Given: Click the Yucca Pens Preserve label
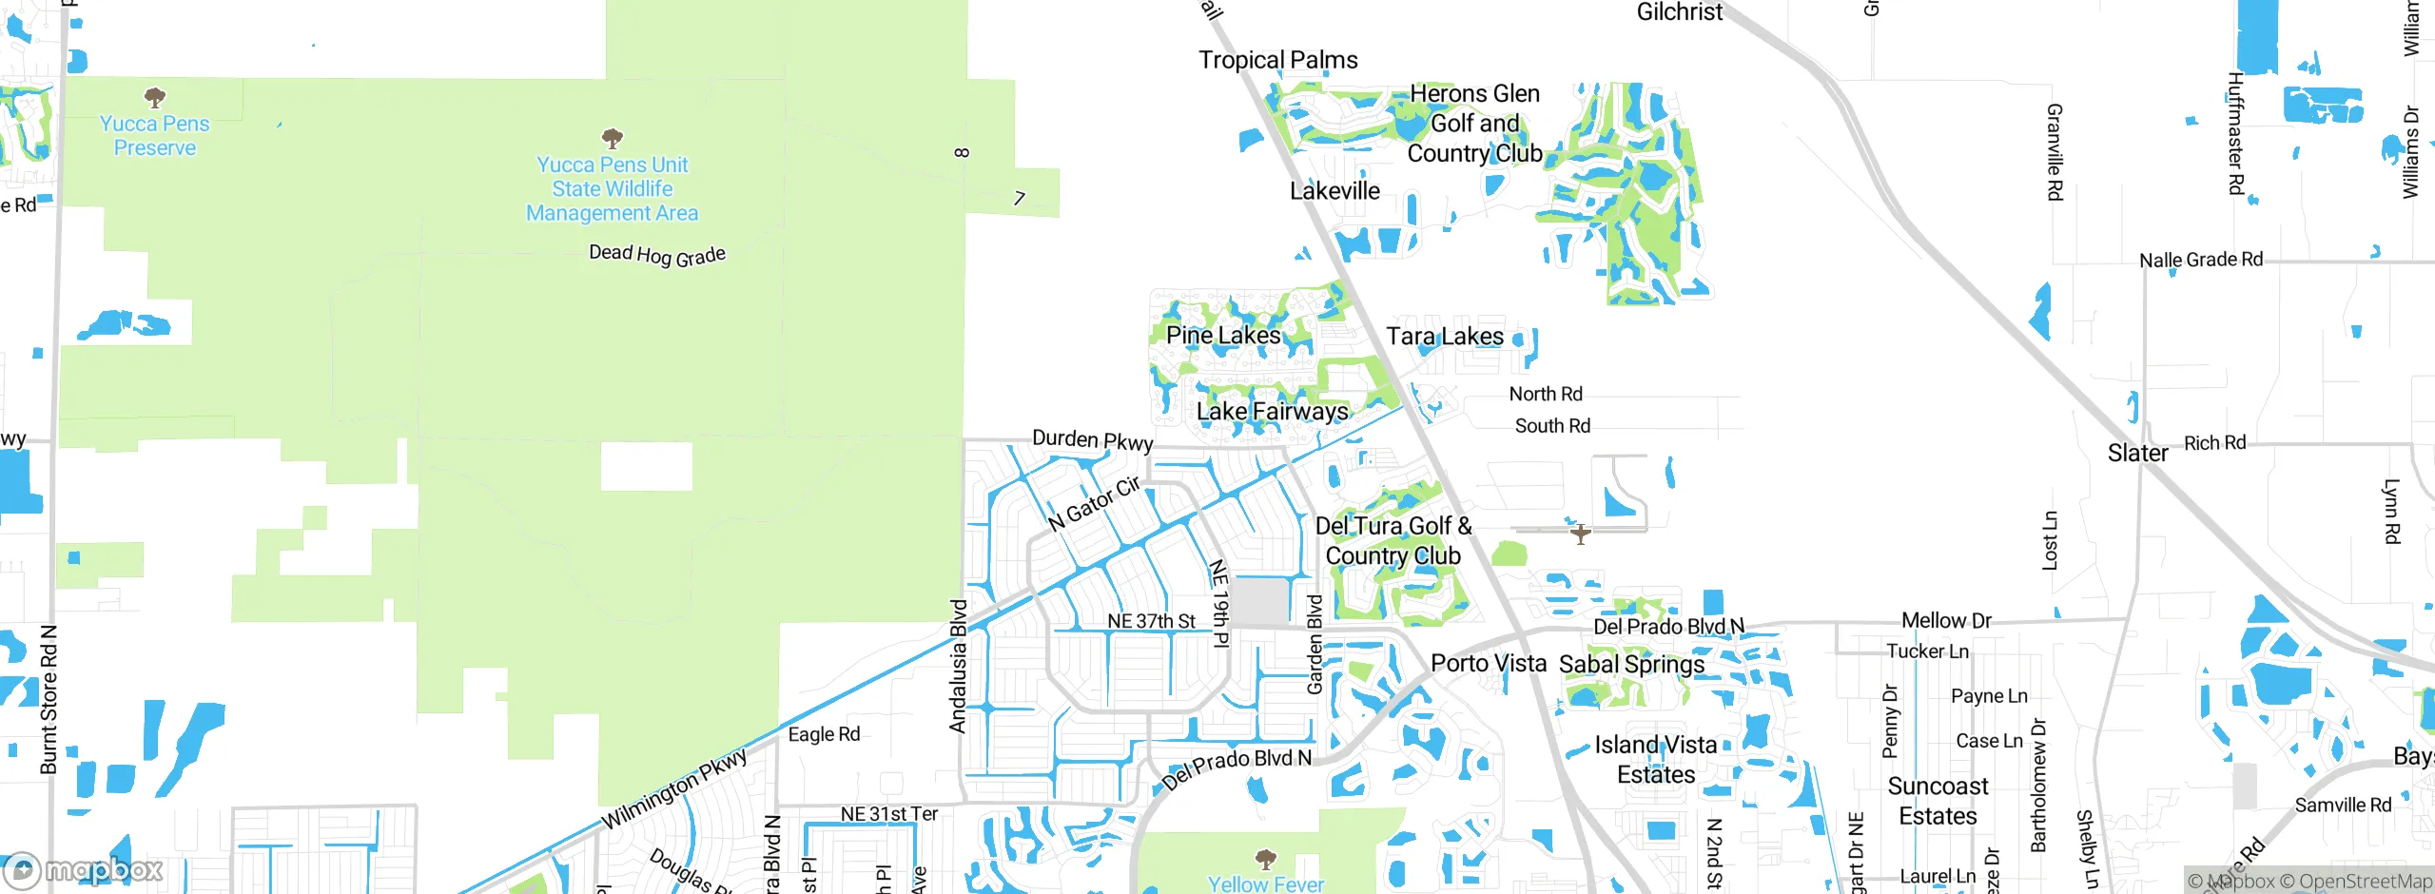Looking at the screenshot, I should point(154,136).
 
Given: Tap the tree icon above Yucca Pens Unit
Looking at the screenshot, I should point(613,139).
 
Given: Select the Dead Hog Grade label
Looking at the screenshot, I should point(657,255).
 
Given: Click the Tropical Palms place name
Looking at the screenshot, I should point(1277,60).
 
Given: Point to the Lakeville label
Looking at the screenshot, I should point(1334,191).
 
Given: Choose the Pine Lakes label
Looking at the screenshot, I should point(1223,335).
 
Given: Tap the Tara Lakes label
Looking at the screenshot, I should point(1445,337).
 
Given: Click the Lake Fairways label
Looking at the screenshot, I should point(1272,412).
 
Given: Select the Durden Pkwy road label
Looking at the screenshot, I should point(1093,440).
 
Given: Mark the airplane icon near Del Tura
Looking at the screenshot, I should point(1580,534).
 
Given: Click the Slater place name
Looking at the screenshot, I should point(2137,454).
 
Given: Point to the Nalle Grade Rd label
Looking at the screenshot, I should point(2200,260).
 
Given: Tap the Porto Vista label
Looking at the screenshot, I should point(1489,663).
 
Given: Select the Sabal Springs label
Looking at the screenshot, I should point(1631,664).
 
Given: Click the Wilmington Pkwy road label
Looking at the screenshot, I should point(674,789).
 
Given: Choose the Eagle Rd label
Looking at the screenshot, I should point(824,734).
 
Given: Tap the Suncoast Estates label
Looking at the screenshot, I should point(1938,801).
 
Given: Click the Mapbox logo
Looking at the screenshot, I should point(84,869).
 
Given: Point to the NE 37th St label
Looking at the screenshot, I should point(1151,621).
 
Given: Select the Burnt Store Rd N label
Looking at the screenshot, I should point(49,699).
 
